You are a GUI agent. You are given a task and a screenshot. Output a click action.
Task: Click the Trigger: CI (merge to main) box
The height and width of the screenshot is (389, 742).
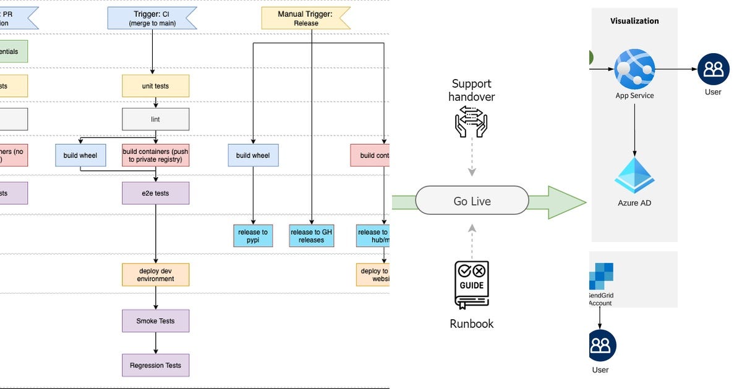pos(152,18)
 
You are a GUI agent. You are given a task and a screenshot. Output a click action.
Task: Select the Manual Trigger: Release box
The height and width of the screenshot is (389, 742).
pos(306,19)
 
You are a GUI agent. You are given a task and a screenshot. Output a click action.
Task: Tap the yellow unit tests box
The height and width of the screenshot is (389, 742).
pos(155,86)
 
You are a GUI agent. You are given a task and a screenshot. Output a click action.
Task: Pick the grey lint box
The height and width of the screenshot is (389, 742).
pos(155,119)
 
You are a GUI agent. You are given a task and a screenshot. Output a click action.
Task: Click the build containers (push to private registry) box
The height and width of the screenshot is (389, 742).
pos(155,155)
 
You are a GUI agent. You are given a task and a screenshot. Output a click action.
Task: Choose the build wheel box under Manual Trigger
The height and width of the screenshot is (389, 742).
pos(253,155)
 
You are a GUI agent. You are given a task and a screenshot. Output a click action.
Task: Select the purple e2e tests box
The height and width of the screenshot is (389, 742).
pos(155,193)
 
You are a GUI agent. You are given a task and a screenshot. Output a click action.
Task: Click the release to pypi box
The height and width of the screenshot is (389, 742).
pos(253,236)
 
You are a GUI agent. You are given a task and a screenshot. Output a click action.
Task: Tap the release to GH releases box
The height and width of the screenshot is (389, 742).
pos(311,236)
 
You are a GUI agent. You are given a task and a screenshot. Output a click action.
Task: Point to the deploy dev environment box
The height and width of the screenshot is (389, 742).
pos(155,274)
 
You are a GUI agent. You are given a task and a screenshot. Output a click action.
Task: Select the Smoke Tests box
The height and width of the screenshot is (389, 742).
pos(155,321)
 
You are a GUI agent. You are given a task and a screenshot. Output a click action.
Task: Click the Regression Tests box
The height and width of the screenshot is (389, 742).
pos(155,365)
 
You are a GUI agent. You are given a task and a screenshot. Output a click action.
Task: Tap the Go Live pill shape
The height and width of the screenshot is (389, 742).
pos(472,201)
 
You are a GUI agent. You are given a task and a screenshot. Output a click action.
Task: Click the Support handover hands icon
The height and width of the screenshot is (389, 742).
pos(471,121)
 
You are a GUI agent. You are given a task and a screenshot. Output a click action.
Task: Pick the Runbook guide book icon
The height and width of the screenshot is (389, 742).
pos(472,284)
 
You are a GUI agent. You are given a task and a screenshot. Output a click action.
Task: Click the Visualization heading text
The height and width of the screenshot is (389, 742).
pos(634,21)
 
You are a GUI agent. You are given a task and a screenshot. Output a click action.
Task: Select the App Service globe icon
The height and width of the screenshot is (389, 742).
pos(634,69)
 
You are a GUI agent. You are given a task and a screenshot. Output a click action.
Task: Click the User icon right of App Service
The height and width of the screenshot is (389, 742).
pos(713,69)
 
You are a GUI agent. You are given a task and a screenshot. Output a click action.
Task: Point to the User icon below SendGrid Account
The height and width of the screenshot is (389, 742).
pos(600,345)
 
